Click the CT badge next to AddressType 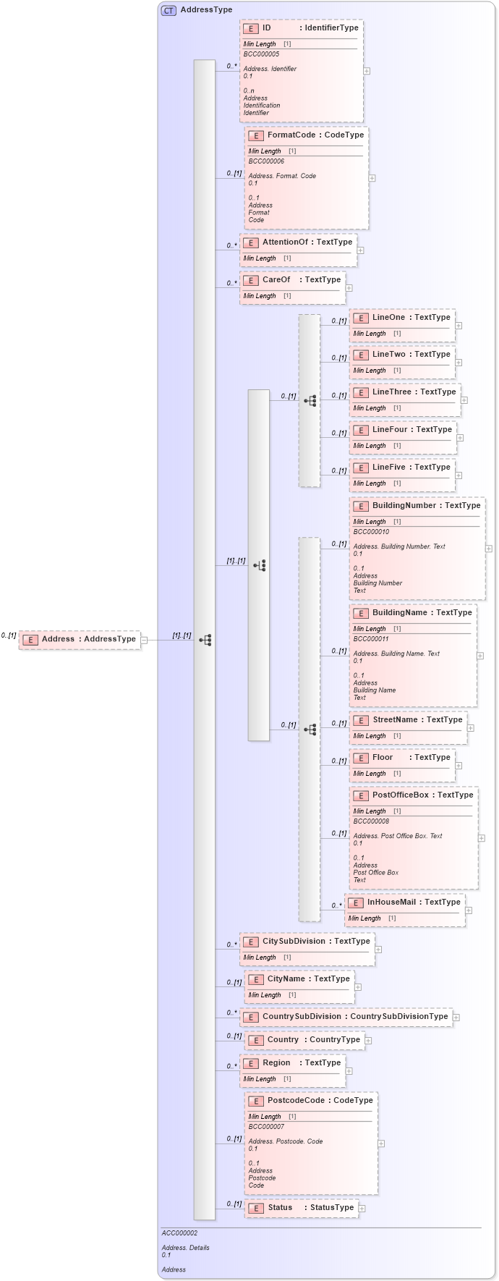(169, 10)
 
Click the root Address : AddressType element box (80, 640)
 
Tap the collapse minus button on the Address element (144, 640)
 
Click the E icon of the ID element (251, 28)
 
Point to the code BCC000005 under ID (261, 54)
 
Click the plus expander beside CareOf (349, 288)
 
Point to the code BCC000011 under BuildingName (371, 639)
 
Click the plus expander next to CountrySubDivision (456, 1018)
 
